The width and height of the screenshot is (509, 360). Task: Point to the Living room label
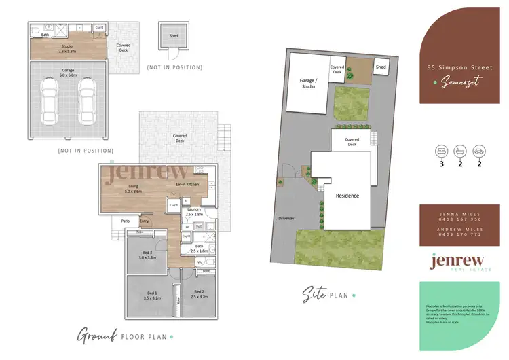tap(132, 189)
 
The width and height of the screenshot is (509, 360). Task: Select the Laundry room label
tap(195, 211)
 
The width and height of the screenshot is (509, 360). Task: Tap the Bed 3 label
tap(147, 255)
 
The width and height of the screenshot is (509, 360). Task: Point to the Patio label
tap(126, 220)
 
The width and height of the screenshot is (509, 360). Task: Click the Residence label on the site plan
tap(347, 196)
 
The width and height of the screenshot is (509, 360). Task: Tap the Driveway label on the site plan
tap(286, 219)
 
